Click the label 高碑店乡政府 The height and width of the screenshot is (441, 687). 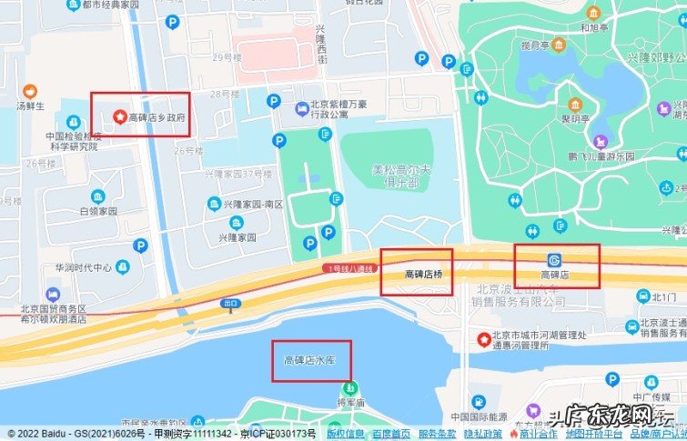coord(157,117)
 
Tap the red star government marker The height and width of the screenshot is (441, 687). coord(117,117)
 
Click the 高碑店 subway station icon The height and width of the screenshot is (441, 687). coord(555,259)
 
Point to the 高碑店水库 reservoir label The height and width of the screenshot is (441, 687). coord(310,361)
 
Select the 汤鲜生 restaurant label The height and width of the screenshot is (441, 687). coord(30,105)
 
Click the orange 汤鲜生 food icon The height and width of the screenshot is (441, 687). coord(30,91)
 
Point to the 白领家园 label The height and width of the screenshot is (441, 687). coord(98,211)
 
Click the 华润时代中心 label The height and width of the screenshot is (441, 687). coord(83,268)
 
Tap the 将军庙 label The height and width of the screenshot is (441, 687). coord(350,401)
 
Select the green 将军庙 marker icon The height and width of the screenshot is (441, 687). coord(350,387)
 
